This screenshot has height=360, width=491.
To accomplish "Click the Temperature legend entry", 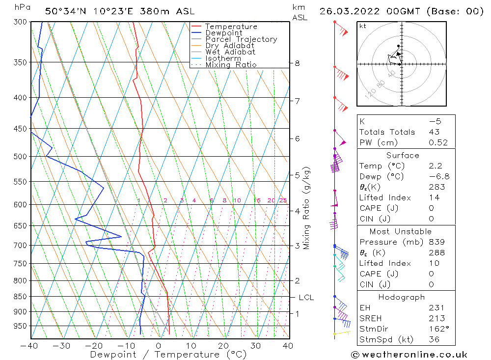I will point(231,27).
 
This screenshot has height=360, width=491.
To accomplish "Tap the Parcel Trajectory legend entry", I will point(241,39).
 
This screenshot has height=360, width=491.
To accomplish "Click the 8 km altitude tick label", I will point(297,63).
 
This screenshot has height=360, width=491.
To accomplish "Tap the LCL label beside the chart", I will point(306,298).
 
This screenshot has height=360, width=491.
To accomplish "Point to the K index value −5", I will point(434,121).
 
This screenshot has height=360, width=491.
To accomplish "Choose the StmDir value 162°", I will point(437,329).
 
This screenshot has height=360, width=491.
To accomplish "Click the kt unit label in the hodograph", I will point(362,26).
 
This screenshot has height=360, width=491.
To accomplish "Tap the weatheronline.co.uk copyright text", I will point(409,355).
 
